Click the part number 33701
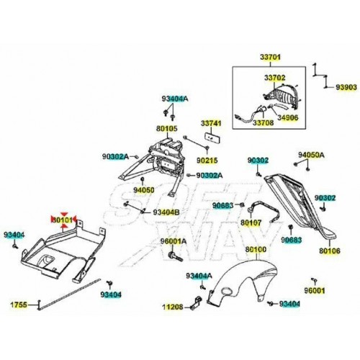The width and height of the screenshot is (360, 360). [270, 57]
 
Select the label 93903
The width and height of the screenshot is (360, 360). [346, 87]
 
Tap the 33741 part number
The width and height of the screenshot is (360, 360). [211, 123]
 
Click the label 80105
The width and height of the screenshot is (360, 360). [167, 128]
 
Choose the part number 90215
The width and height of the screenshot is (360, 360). [207, 160]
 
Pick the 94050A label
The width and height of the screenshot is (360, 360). [311, 155]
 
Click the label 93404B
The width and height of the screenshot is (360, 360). [166, 212]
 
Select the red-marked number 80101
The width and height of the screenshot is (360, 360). [62, 220]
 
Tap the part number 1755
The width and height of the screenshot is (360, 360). [19, 305]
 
